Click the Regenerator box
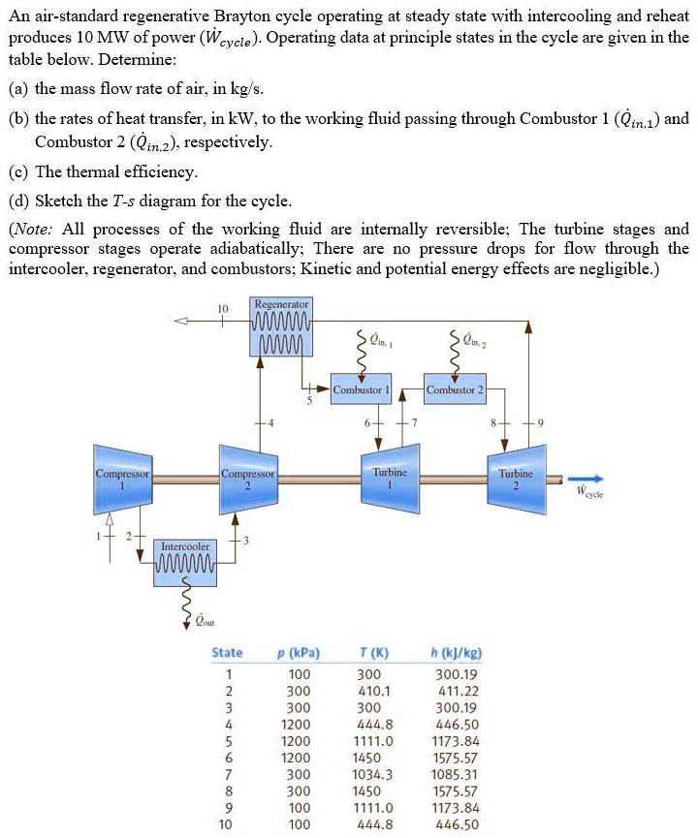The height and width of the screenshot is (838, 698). [x=280, y=327]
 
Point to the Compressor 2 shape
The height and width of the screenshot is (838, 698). [x=249, y=477]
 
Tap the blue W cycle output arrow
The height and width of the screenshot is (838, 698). [x=587, y=478]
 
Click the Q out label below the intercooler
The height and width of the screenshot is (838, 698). [x=206, y=621]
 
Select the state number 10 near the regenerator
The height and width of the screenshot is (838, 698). [x=222, y=309]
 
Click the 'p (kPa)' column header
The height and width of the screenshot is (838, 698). [x=299, y=652]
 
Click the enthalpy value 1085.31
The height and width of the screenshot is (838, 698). [x=455, y=775]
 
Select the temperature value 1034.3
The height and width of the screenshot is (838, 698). [x=373, y=775]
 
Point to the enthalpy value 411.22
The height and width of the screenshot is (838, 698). [x=455, y=692]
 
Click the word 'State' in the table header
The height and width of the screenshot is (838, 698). [x=227, y=652]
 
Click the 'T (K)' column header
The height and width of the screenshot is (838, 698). [x=373, y=652]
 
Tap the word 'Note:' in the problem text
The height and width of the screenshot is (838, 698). [x=36, y=230]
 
